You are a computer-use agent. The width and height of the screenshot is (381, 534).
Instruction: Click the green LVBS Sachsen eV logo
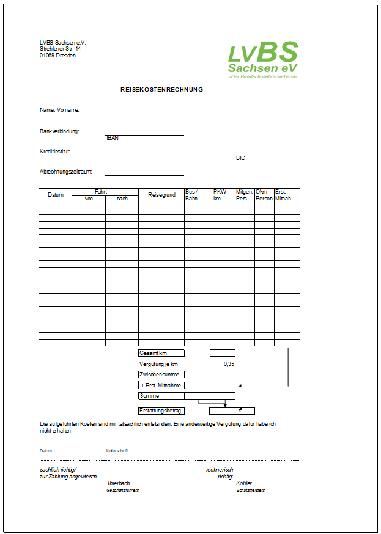(263, 60)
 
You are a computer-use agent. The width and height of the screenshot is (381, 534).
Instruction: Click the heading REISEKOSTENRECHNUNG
(161, 90)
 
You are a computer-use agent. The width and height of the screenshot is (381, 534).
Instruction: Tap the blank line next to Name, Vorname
(144, 111)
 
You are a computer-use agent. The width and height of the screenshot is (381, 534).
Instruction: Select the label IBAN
(112, 138)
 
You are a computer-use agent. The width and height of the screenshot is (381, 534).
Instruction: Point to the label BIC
(240, 158)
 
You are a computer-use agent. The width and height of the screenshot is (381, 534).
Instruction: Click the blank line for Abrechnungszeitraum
(144, 172)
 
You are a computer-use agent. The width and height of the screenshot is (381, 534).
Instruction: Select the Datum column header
(56, 195)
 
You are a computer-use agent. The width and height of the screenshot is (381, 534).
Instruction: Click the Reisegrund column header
(161, 195)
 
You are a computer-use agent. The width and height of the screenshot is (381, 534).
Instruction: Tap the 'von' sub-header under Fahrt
(89, 199)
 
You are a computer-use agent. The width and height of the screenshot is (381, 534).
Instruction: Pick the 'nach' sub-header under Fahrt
(122, 199)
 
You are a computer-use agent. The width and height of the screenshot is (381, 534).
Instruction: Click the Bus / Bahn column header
(192, 195)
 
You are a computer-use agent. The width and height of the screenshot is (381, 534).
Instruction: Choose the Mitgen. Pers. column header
(245, 195)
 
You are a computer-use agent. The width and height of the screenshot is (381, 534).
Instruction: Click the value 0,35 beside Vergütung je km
(229, 364)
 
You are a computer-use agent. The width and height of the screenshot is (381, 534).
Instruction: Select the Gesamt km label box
(161, 353)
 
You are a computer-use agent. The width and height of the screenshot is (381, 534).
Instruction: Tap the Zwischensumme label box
(161, 375)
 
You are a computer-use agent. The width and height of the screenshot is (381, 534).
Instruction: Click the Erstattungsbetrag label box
(161, 411)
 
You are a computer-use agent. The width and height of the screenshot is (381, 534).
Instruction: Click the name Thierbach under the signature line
(118, 483)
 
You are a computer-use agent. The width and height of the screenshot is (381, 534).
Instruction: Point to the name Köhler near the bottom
(243, 483)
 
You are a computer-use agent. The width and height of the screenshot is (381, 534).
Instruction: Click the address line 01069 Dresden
(58, 56)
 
